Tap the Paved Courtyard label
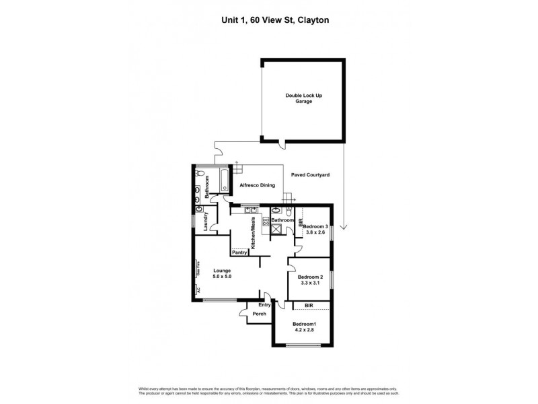coord(310,174)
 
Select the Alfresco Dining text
coord(254,184)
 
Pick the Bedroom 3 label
coord(315,227)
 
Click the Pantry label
coord(240,253)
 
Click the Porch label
coord(259,314)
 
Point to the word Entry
coord(264,305)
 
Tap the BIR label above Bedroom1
coord(309,306)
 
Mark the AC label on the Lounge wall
coord(198,290)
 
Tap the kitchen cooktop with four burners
coord(265,220)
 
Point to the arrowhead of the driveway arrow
coord(344,228)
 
